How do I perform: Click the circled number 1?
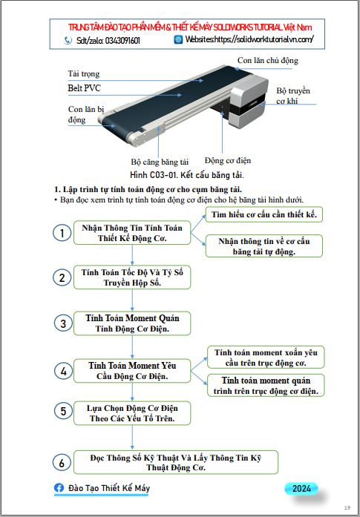pos(62,233)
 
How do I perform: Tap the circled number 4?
pos(63,372)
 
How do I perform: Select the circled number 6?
pos(62,463)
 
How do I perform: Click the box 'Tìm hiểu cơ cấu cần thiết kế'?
pos(264,214)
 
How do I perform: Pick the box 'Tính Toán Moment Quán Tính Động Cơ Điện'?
pos(132,323)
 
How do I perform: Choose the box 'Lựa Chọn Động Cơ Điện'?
pos(132,413)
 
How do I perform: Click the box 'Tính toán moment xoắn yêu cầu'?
pos(266,358)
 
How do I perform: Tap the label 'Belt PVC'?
pos(84,88)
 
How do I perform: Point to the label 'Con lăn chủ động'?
pos(268,60)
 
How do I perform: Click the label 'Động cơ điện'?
pos(228,160)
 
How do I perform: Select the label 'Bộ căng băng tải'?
pos(160,162)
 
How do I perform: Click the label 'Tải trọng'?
pos(83,73)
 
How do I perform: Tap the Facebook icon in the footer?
pos(59,488)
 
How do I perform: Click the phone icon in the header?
pos(68,40)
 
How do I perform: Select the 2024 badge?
pos(301,489)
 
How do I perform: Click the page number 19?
pos(347,507)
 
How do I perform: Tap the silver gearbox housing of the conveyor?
pos(249,102)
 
